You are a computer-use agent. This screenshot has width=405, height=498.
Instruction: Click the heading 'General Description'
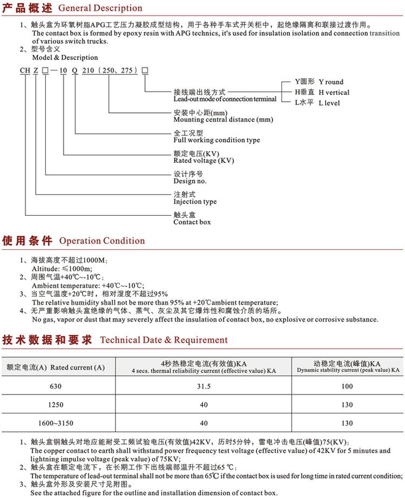100,9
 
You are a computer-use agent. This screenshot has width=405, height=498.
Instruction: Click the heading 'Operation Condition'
102,241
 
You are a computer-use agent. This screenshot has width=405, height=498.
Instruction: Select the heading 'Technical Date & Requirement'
164,340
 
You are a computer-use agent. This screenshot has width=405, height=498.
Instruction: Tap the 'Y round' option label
330,82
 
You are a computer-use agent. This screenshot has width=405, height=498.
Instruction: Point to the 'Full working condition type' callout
209,140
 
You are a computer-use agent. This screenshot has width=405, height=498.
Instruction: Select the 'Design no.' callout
190,181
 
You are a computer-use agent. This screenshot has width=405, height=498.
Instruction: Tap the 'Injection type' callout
195,201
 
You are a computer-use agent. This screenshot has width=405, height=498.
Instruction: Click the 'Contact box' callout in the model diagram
192,222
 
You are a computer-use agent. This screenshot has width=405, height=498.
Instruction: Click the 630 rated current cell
56,386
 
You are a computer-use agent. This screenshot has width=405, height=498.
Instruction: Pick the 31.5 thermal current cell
204,386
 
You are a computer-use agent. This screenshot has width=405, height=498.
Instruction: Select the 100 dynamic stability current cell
347,386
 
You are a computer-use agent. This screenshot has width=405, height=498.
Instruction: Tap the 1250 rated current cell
56,405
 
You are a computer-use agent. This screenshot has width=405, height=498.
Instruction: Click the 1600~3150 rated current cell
56,424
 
